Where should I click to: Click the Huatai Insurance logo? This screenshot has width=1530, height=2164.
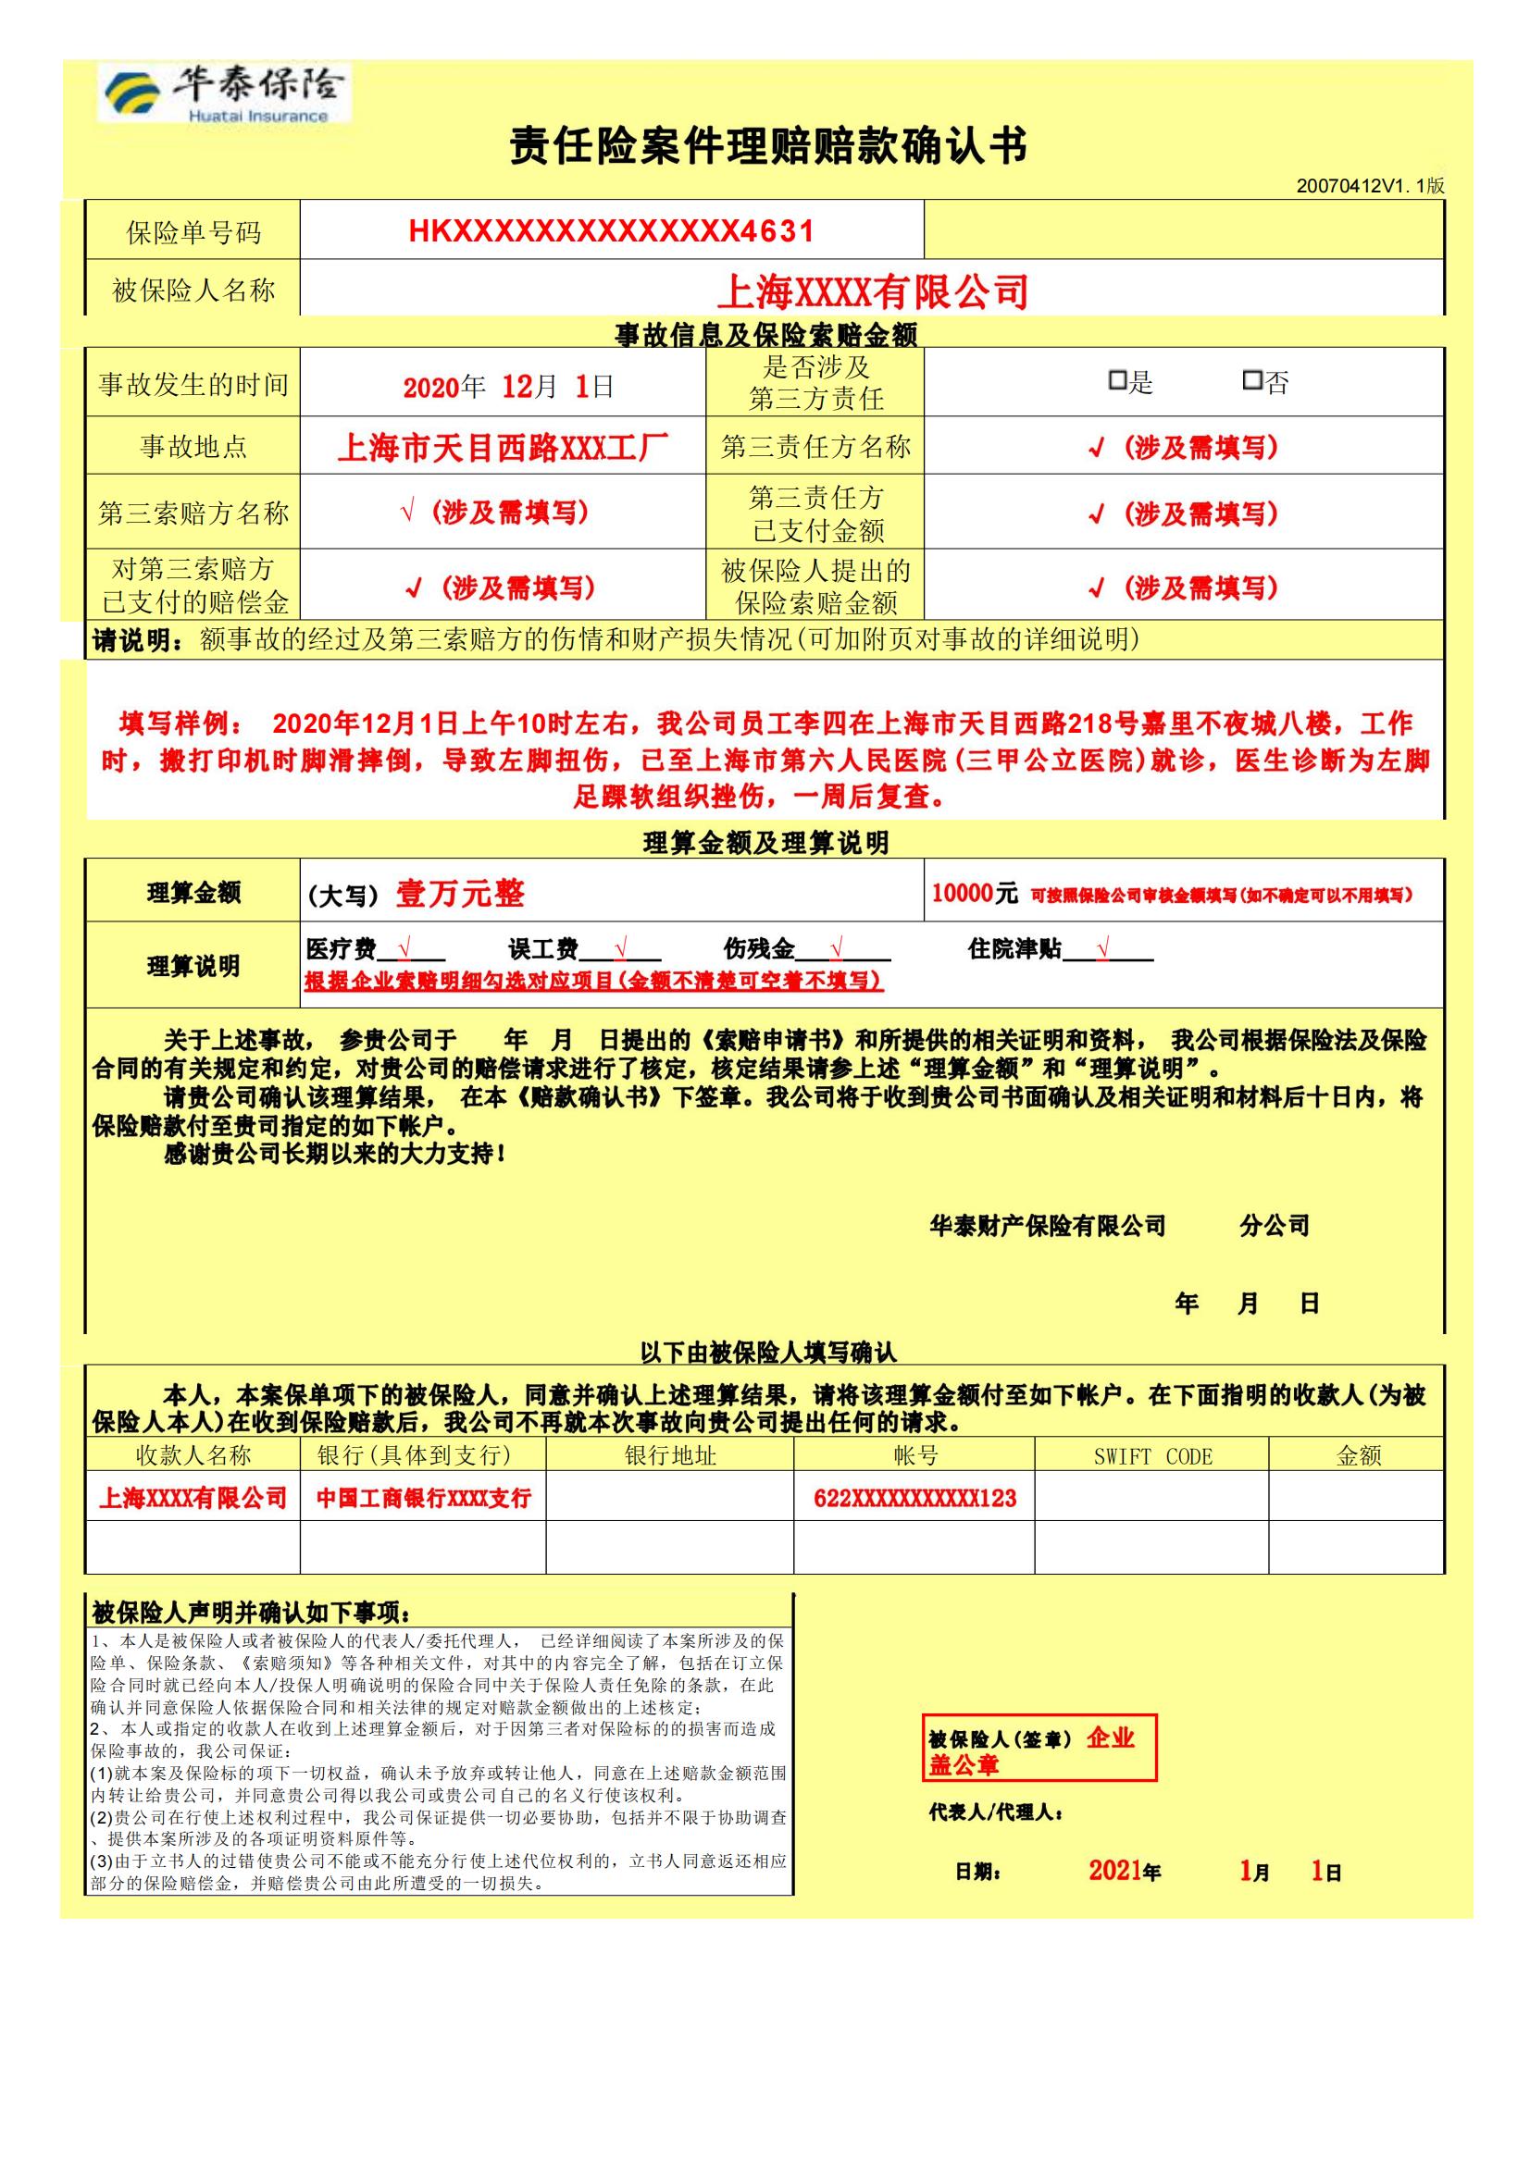click(224, 93)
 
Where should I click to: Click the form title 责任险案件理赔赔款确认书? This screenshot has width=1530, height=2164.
click(767, 146)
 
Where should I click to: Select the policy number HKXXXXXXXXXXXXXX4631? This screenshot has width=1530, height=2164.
click(611, 231)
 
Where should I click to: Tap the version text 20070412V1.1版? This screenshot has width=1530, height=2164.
click(1370, 186)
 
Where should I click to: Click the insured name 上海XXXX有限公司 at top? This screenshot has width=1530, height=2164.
click(872, 291)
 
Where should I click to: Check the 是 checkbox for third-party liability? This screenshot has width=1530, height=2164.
click(1117, 381)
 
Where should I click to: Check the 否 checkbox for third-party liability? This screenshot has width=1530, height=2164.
click(1252, 381)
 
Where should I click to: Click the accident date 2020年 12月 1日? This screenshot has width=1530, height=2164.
click(508, 387)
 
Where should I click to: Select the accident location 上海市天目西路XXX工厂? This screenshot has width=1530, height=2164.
click(503, 447)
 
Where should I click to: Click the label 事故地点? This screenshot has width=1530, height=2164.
click(193, 446)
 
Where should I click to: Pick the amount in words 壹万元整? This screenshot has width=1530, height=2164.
click(459, 893)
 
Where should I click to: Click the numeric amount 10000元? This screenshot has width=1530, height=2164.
click(974, 893)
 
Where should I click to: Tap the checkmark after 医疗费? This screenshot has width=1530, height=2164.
click(404, 947)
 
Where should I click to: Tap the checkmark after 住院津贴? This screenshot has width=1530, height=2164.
click(1103, 947)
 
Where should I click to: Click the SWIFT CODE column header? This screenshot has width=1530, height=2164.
click(1152, 1456)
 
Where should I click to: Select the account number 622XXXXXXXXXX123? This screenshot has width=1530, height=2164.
click(914, 1499)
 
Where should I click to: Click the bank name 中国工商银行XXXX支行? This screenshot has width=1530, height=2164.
click(423, 1499)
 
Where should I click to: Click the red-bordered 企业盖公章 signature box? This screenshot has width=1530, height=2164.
click(1039, 1750)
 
